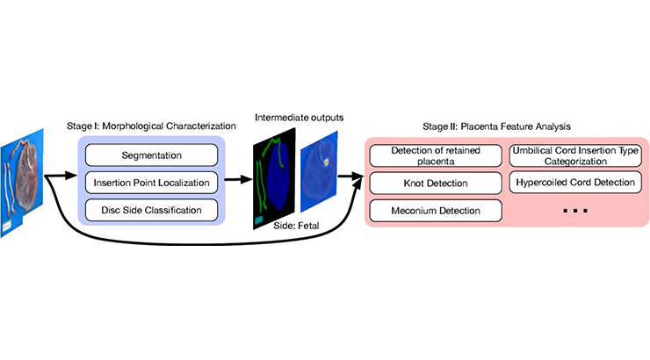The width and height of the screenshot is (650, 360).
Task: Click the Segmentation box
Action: click(x=151, y=155)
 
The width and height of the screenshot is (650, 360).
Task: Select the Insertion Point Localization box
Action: click(x=151, y=183)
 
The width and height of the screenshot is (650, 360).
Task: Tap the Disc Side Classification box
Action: click(x=151, y=210)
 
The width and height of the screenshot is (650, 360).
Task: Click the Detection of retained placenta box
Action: click(x=436, y=155)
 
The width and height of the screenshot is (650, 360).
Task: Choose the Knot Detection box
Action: click(x=436, y=184)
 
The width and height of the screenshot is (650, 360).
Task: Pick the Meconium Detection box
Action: click(x=436, y=211)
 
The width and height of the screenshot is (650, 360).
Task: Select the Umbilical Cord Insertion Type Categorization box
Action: click(x=575, y=155)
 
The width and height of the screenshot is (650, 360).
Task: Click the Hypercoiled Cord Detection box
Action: click(x=575, y=183)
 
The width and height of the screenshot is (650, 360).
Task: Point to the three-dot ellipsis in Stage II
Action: click(x=575, y=211)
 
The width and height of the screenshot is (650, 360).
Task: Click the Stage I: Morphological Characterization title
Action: click(x=151, y=126)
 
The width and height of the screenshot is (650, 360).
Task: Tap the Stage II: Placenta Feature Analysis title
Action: click(x=496, y=126)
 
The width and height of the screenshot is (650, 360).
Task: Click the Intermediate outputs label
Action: click(x=299, y=118)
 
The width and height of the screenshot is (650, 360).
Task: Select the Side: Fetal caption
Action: click(x=296, y=226)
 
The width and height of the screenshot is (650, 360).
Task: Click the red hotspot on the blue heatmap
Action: click(x=326, y=162)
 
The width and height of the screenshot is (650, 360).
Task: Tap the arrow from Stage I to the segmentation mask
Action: click(x=238, y=179)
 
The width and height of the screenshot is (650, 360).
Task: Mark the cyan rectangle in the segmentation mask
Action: click(x=258, y=220)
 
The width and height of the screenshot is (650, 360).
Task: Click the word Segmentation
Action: click(x=151, y=155)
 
